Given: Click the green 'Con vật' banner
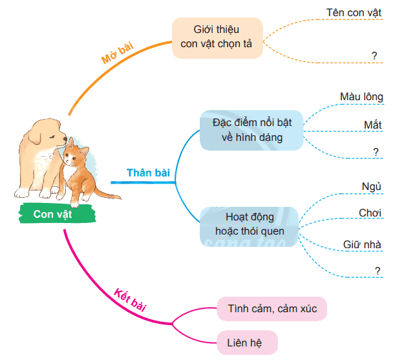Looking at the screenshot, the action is pos(57,213).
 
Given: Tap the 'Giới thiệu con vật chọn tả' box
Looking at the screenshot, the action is pos(217,38).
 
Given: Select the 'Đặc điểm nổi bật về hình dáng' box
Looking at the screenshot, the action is pos(251,131).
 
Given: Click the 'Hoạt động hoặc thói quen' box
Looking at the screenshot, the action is pos(249,226).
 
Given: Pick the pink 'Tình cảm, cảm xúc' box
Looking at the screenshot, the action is pos(272,308).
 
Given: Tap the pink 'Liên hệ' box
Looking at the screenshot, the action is pos(247,343).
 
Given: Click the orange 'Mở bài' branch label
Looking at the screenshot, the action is pos(117,53).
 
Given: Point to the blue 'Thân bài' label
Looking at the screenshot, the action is pos(148,173).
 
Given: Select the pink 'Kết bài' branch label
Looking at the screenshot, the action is pos(130,300).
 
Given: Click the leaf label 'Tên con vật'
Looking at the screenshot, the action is pos(354,12).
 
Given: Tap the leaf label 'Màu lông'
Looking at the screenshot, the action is pos(361,97).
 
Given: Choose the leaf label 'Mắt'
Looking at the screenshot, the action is pos(372,125).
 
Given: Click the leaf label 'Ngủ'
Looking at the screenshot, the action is pos(371,187).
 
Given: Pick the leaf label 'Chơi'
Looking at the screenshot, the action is pos(370,213).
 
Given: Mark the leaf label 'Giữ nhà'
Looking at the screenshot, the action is pos(362,244).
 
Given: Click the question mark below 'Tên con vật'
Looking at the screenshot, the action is pos(374,56).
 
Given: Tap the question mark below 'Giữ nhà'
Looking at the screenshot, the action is pos(378,271).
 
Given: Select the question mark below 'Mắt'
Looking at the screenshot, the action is pos(376,152).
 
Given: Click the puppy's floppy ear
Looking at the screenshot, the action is pos(35,136).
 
